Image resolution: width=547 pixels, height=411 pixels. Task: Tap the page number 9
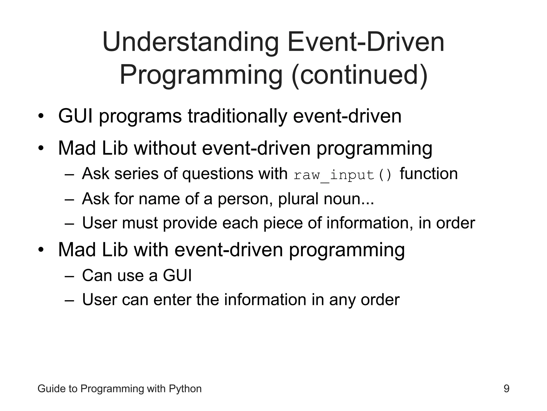pos(506,389)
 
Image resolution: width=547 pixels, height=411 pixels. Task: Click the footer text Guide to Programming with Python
pos(119,389)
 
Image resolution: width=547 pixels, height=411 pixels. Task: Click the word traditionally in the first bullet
pos(237,116)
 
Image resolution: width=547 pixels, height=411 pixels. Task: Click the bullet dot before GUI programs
pos(40,117)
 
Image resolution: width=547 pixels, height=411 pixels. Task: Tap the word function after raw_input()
pos(429,174)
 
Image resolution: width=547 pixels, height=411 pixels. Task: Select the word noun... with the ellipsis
pos(349,199)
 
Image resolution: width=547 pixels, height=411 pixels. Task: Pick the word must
pos(140,223)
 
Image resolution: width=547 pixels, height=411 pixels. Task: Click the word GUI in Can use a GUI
pos(177,275)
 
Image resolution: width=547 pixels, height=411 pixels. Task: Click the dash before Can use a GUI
pos(69,276)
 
